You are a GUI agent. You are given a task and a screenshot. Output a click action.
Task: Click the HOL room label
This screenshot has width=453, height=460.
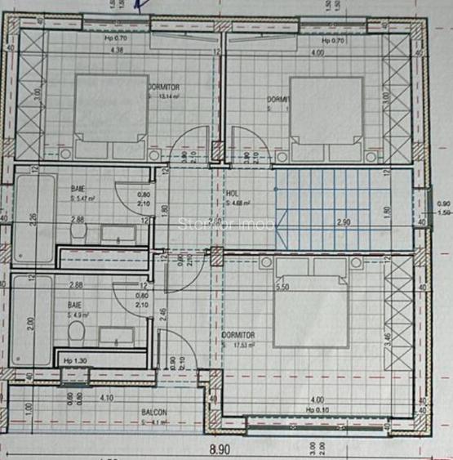[233, 194]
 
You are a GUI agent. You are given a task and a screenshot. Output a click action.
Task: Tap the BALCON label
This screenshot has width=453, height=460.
[154, 413]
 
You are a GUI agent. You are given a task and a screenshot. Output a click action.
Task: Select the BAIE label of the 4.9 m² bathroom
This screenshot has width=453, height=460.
[75, 303]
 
